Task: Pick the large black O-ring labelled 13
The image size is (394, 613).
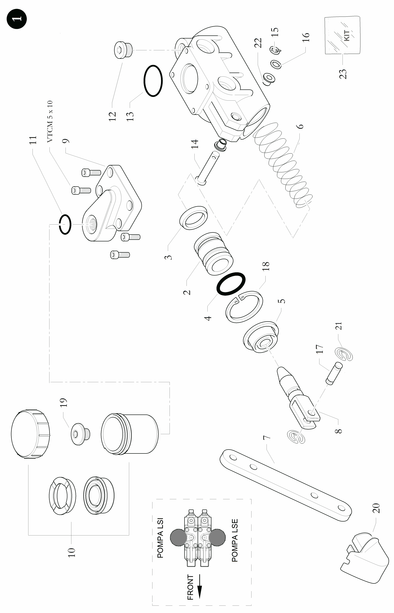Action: coord(153,80)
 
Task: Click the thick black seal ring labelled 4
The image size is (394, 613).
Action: coord(231,284)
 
